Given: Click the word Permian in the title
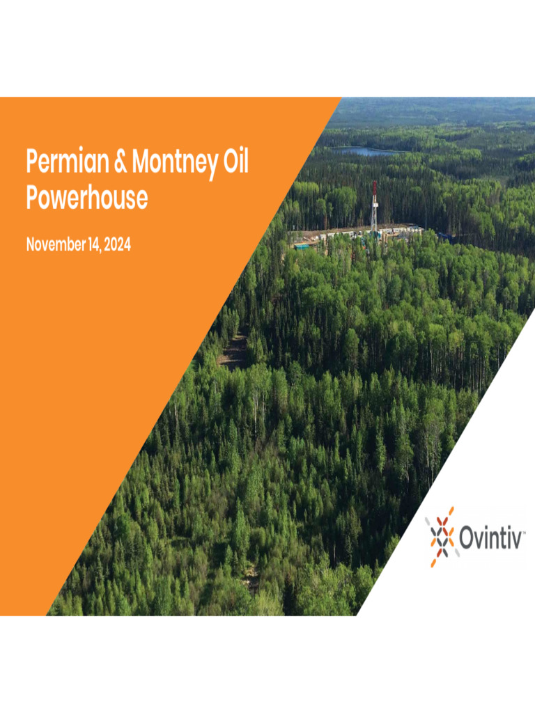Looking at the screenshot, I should (x=66, y=163).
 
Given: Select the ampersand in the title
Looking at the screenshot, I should (x=121, y=163).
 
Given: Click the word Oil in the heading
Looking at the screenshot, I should (x=236, y=163).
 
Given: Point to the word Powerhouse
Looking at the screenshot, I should (x=87, y=198).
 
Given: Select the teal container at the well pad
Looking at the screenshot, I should (x=302, y=246).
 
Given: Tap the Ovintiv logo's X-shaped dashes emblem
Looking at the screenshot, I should (x=441, y=537).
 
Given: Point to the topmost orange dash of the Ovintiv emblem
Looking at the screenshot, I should (x=450, y=512).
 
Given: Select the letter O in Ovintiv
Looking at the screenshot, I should (x=467, y=538).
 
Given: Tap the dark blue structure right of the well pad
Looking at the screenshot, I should (x=446, y=237).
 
